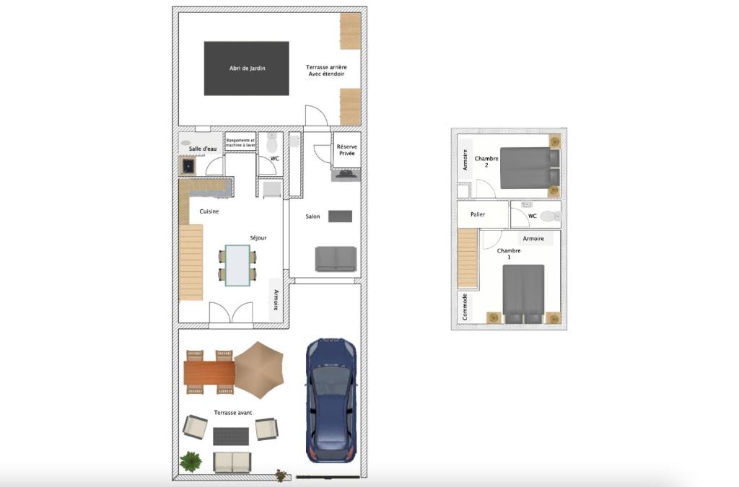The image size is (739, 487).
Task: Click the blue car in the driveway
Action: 331,401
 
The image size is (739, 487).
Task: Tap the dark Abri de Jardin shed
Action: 247,69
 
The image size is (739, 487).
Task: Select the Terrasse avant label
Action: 233,413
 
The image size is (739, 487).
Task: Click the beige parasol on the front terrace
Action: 259,370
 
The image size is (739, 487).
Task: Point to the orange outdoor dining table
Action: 209,372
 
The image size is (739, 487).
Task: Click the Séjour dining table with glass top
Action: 237,266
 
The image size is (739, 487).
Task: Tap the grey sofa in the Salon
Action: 336,259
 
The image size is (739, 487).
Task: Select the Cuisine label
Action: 209,211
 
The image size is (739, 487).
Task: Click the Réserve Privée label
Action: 347,150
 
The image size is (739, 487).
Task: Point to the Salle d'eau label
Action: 203,149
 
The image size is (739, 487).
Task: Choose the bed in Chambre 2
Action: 530,168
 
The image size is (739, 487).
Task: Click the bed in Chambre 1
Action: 523,294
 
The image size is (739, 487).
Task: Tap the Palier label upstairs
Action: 478,214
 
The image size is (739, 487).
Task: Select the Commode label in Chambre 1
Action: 465,307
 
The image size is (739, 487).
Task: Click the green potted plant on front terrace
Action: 191,462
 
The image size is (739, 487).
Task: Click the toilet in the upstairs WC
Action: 550,216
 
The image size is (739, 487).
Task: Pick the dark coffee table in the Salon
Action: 341,216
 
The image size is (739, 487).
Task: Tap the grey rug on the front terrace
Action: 231,436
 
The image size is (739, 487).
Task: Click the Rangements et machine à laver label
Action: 240,143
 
